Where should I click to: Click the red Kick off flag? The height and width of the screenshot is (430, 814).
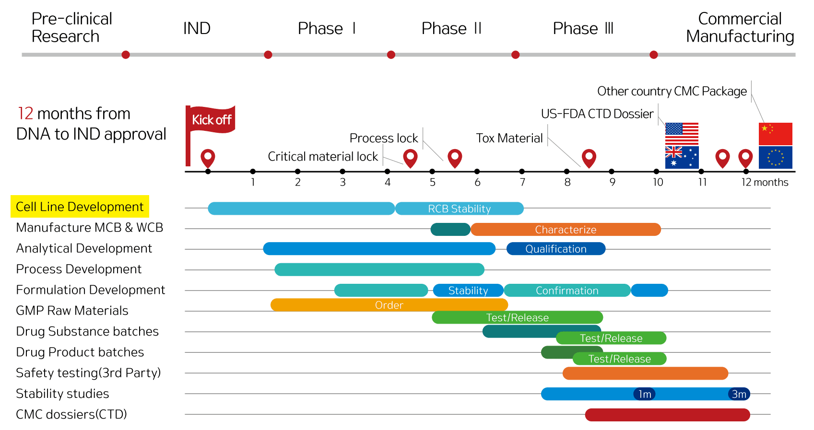click(x=211, y=119)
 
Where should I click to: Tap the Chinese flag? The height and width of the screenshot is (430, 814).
click(x=775, y=134)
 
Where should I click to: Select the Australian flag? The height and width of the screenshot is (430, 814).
click(x=682, y=157)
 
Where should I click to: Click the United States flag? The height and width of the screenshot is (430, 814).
click(x=682, y=134)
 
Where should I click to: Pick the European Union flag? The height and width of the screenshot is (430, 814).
click(x=775, y=157)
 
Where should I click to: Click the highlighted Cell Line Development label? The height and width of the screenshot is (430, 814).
click(x=80, y=207)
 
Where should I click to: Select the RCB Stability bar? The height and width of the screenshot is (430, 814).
click(x=459, y=209)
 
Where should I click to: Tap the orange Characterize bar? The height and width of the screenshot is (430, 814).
click(x=566, y=230)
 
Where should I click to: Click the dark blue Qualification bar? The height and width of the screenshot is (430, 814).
click(x=556, y=249)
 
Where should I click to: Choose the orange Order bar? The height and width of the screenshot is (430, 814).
click(x=389, y=305)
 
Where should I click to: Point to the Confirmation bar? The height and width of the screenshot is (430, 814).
click(x=567, y=291)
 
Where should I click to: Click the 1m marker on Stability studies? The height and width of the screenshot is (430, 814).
click(x=645, y=394)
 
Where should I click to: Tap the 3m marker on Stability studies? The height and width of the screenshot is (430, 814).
click(x=739, y=394)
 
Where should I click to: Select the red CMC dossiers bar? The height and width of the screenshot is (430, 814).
click(x=667, y=415)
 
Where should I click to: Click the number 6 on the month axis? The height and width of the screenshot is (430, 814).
click(x=477, y=182)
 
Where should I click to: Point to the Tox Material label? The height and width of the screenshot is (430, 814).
click(x=509, y=138)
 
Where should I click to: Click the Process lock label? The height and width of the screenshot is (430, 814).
click(x=384, y=138)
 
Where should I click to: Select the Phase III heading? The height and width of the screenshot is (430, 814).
click(x=583, y=29)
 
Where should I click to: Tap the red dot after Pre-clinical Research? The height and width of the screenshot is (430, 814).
click(x=126, y=55)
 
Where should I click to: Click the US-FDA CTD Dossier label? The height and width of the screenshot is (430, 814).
click(x=597, y=114)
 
